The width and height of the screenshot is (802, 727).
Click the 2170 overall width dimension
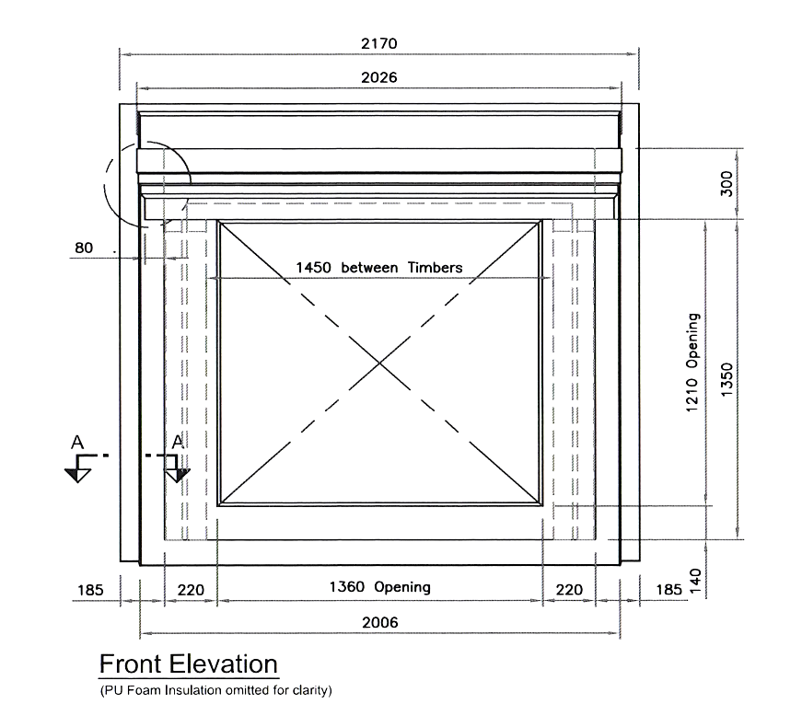(x=379, y=43)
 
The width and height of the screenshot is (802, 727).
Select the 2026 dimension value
(x=379, y=77)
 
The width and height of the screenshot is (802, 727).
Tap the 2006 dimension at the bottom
(x=379, y=622)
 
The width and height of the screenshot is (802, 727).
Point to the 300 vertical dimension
(x=726, y=184)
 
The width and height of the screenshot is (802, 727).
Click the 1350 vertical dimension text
(x=726, y=379)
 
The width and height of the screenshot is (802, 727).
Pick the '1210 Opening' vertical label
(x=692, y=363)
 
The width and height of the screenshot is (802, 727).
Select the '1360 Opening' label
(x=379, y=587)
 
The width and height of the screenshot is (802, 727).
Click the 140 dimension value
(x=695, y=582)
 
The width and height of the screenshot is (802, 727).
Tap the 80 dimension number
(x=84, y=248)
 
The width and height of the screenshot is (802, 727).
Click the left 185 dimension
(x=90, y=590)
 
